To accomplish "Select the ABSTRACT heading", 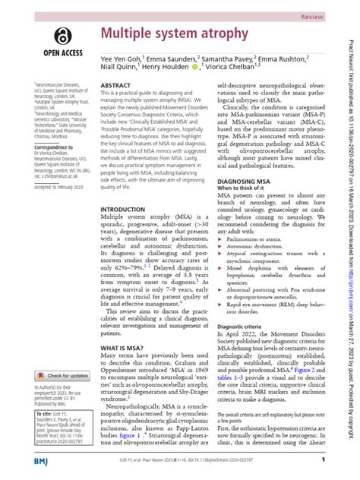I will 115,87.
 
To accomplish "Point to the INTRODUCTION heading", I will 123,209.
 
